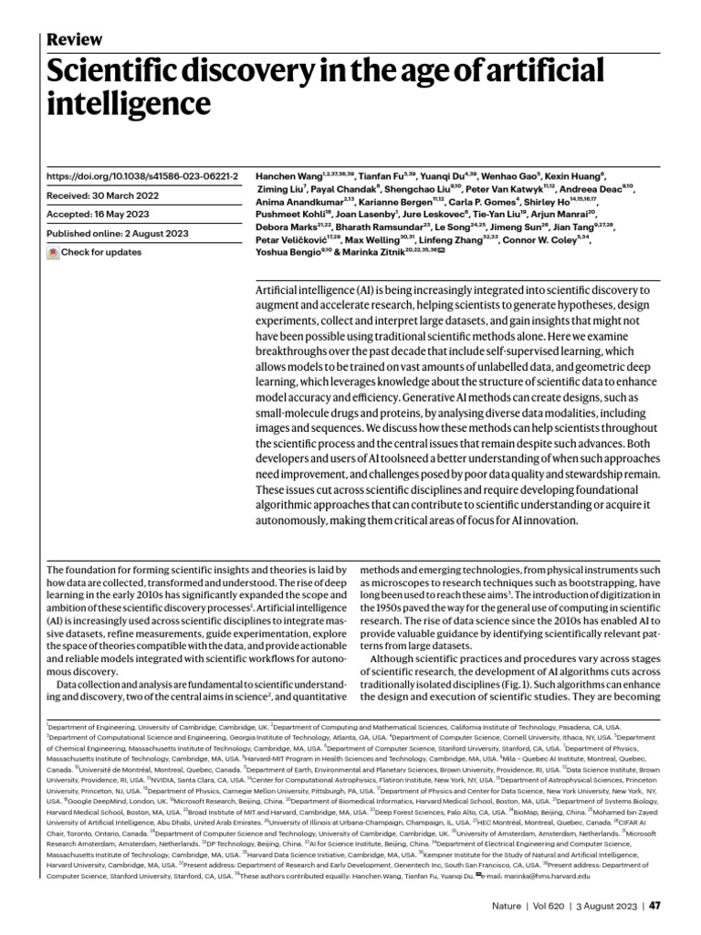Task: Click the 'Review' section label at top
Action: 74,38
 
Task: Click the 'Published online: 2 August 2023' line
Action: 117,234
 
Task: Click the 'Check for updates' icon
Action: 52,252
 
